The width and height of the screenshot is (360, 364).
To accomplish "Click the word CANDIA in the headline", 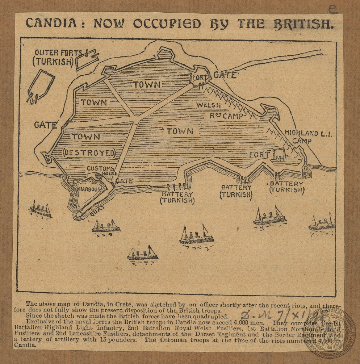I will (51, 23).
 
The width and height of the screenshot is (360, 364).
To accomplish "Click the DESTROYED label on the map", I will (89, 152).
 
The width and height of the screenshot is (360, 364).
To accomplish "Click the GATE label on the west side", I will (46, 125).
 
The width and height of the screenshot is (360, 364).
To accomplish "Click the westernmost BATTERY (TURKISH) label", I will (177, 197).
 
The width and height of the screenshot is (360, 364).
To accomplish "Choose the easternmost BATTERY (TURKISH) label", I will (286, 187).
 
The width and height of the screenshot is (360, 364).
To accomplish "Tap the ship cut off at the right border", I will (322, 223).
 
